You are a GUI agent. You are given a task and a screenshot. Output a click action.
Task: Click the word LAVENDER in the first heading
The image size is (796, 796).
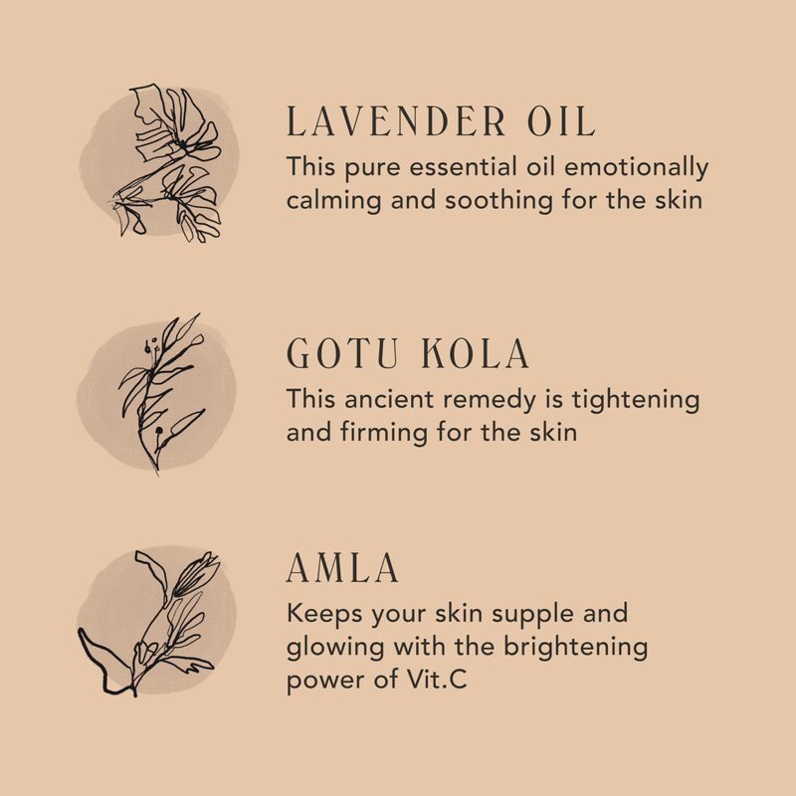pyautogui.click(x=396, y=121)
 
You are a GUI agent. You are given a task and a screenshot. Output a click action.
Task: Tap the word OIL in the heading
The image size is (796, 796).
pyautogui.click(x=561, y=121)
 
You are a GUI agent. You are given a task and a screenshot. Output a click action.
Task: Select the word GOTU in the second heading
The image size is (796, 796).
pyautogui.click(x=342, y=353)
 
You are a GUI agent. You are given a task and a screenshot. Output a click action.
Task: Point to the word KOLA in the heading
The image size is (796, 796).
pyautogui.click(x=476, y=353)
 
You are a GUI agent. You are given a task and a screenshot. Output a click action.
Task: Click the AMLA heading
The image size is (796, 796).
pyautogui.click(x=342, y=567)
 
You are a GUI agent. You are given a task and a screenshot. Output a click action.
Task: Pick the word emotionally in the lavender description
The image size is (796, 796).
pyautogui.click(x=636, y=168)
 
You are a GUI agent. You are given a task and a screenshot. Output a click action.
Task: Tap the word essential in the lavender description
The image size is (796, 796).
pyautogui.click(x=464, y=166)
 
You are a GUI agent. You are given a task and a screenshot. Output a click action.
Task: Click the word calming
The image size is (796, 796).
pyautogui.click(x=333, y=201)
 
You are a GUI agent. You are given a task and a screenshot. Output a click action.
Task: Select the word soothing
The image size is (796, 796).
pyautogui.click(x=498, y=201)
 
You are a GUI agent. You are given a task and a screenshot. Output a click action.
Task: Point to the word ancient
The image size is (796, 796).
pyautogui.click(x=389, y=399)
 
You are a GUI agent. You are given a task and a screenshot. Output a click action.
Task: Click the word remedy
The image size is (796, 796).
pyautogui.click(x=490, y=401)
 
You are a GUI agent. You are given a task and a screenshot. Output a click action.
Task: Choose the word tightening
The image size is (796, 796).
pyautogui.click(x=636, y=401)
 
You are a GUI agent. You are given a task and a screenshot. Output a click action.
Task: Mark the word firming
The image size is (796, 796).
pyautogui.click(x=384, y=434)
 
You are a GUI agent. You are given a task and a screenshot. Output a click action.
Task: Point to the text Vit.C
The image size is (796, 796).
pyautogui.click(x=437, y=680)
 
